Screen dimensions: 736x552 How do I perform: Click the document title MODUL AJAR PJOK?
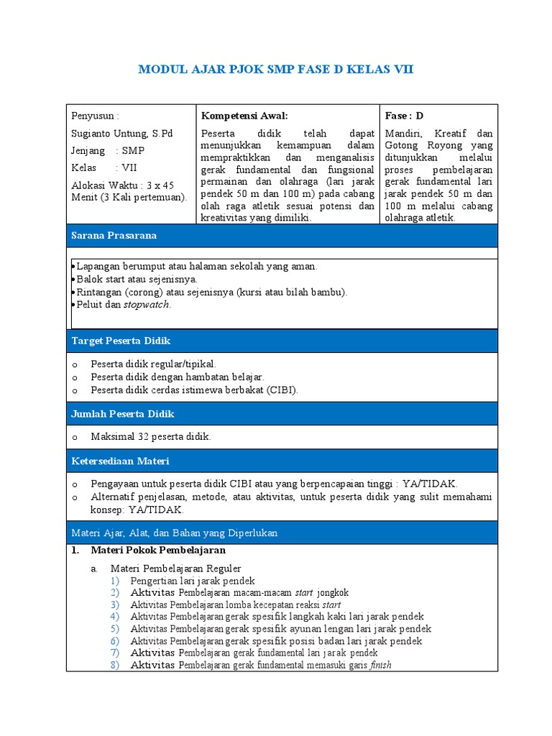point(275,70)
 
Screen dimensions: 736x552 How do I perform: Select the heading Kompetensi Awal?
point(244,116)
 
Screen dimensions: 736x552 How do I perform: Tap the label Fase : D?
point(405,116)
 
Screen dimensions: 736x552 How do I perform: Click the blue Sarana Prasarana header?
point(114,236)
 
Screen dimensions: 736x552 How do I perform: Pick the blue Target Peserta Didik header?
point(120,341)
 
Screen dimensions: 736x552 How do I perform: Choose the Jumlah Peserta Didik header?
point(122,414)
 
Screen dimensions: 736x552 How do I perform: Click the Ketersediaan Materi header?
point(120,461)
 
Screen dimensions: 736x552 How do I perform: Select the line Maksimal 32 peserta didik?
point(151,437)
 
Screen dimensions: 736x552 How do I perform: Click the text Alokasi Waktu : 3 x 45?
point(123,185)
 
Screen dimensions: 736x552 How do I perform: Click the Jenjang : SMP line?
point(108,151)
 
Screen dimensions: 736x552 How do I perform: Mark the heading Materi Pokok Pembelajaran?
point(158,551)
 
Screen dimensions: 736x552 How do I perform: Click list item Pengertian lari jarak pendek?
point(193,581)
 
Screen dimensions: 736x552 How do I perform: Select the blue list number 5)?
point(115,629)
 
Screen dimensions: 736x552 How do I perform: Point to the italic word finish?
point(381,666)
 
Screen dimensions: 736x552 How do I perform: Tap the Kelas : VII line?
point(104,168)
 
